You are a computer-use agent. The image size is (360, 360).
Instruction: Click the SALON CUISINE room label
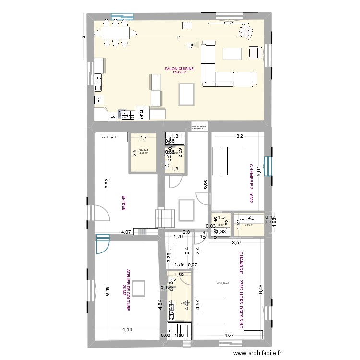[179, 69]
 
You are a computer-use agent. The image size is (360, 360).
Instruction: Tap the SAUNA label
[144, 150]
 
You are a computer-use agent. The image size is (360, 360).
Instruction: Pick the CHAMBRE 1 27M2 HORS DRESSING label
[241, 292]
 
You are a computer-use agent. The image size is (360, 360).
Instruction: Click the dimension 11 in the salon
[179, 38]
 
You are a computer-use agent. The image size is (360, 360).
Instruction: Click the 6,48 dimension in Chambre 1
[260, 291]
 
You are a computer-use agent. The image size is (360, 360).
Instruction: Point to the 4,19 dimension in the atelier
[127, 330]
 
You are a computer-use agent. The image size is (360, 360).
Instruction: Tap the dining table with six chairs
[115, 34]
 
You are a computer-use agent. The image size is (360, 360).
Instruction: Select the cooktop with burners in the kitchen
[127, 115]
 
